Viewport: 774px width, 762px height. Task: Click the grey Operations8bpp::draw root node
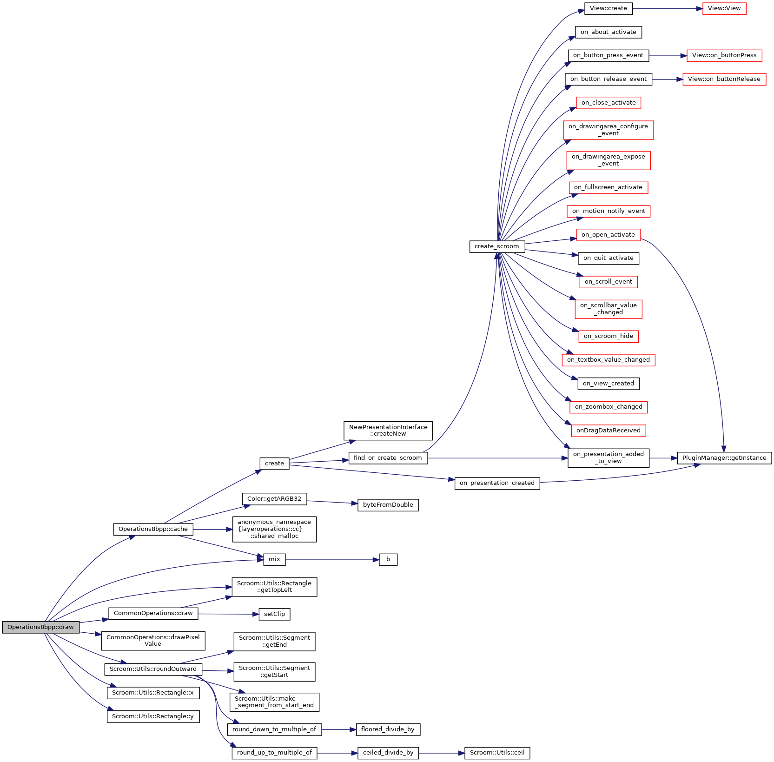40,627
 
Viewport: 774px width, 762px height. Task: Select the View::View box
724,8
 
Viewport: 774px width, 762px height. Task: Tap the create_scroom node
496,246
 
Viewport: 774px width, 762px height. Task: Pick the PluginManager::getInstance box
724,458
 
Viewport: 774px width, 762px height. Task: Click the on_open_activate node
608,235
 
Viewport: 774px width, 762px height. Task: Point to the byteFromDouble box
388,505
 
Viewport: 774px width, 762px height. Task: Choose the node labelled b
388,559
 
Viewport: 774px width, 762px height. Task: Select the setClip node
274,614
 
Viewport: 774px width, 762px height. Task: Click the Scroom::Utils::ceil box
497,753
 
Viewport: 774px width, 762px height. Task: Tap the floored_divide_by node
388,729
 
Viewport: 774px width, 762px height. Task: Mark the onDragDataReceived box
608,431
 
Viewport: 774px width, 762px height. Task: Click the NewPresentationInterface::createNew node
388,431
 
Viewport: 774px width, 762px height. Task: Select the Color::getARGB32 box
274,499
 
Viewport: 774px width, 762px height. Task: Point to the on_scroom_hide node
608,336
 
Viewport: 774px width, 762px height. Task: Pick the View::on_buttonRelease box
724,79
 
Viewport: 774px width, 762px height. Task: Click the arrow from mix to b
332,560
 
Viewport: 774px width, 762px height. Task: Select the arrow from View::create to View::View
667,9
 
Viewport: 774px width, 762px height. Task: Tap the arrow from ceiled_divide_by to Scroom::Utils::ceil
441,753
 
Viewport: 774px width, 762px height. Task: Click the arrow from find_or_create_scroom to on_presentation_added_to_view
497,458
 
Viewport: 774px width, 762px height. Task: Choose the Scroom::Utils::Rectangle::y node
153,716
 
